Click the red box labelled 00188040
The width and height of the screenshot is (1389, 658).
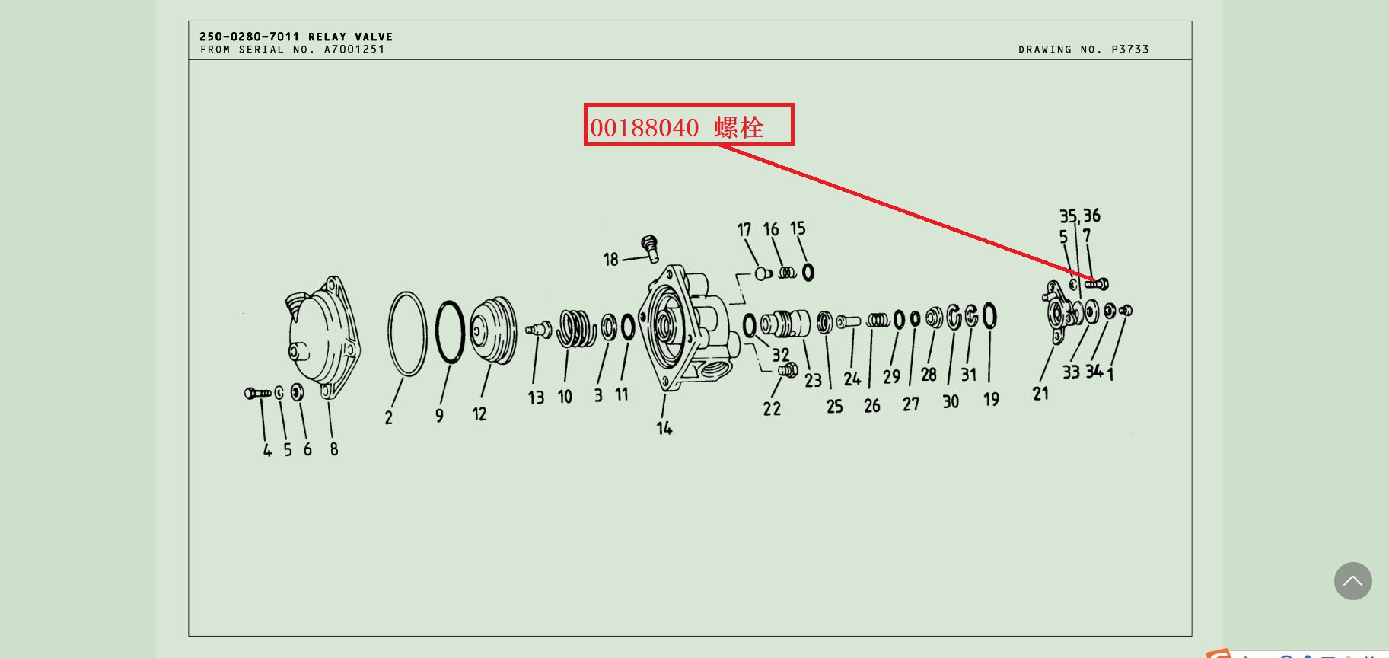point(689,125)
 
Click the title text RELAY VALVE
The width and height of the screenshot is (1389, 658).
point(351,37)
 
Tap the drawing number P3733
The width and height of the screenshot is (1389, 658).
point(1130,50)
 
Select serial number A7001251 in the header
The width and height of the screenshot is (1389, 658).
point(355,50)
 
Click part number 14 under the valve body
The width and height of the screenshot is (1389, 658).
point(664,428)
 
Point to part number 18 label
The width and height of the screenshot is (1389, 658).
point(610,260)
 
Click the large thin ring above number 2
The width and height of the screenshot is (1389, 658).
point(407,334)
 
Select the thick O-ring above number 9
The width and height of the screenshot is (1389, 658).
point(451,333)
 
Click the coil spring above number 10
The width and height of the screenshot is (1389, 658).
point(576,328)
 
